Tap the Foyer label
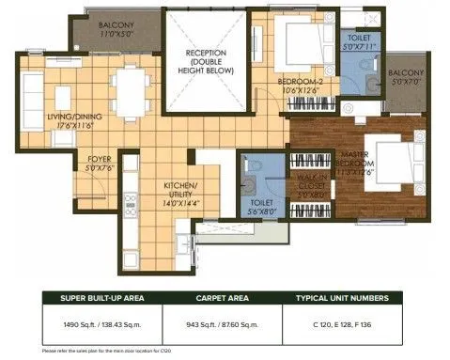[101, 164]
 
